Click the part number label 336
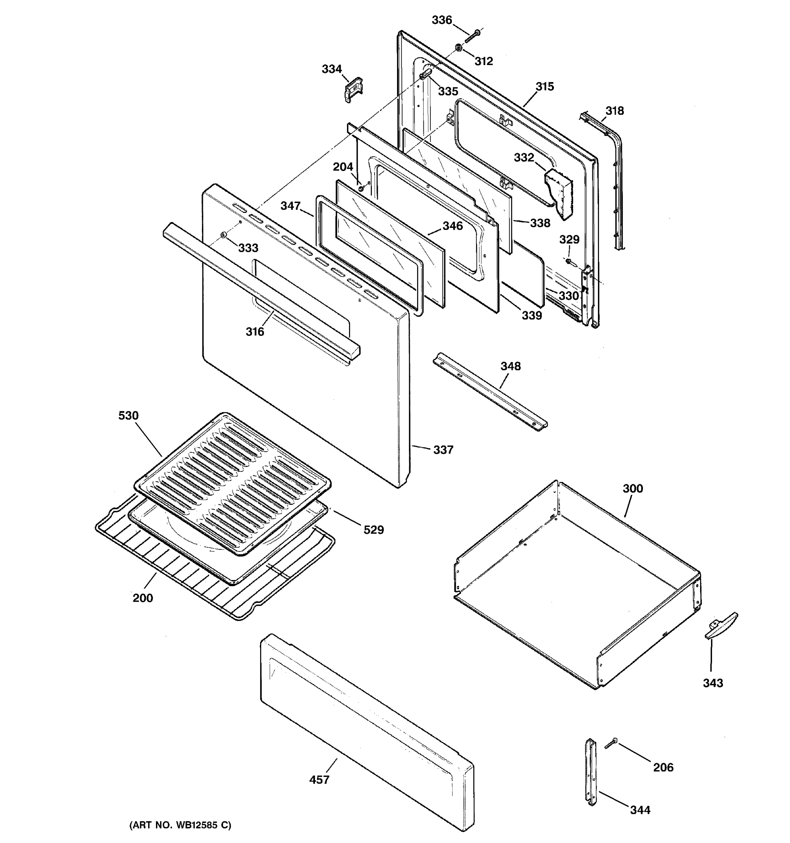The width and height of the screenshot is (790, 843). click(442, 20)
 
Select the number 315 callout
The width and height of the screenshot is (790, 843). click(544, 86)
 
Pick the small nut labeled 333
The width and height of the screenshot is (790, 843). click(223, 235)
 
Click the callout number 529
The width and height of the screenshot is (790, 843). click(373, 530)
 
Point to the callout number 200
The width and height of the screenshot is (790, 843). click(143, 598)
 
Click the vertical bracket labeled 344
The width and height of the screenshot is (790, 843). click(591, 778)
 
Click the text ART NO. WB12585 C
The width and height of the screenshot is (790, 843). click(180, 825)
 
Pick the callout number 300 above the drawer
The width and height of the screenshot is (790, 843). click(632, 489)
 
